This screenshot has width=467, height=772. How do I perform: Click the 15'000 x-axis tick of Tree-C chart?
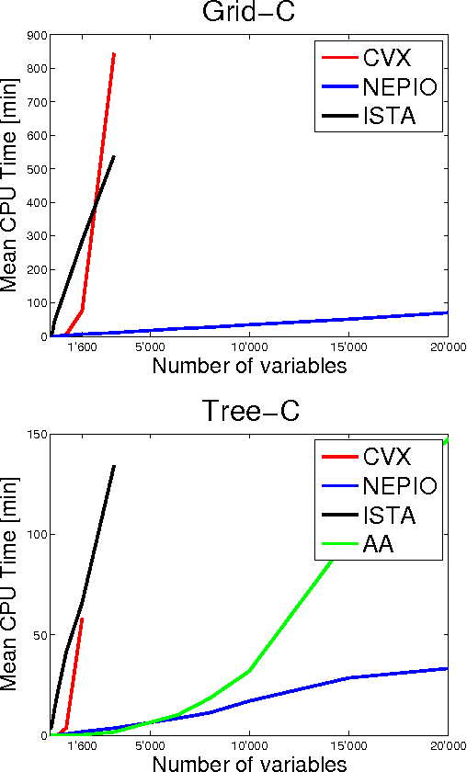click(348, 746)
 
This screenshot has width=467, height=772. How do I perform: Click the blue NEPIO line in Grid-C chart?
click(276, 323)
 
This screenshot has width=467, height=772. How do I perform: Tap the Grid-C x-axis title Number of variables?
click(249, 366)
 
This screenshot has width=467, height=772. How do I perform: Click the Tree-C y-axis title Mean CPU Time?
click(13, 588)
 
